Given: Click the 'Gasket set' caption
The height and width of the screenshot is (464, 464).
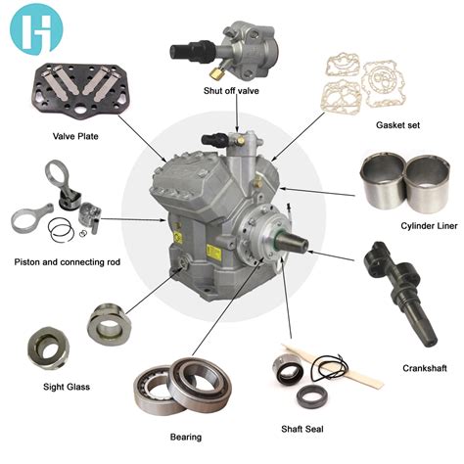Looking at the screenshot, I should click(x=399, y=126).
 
